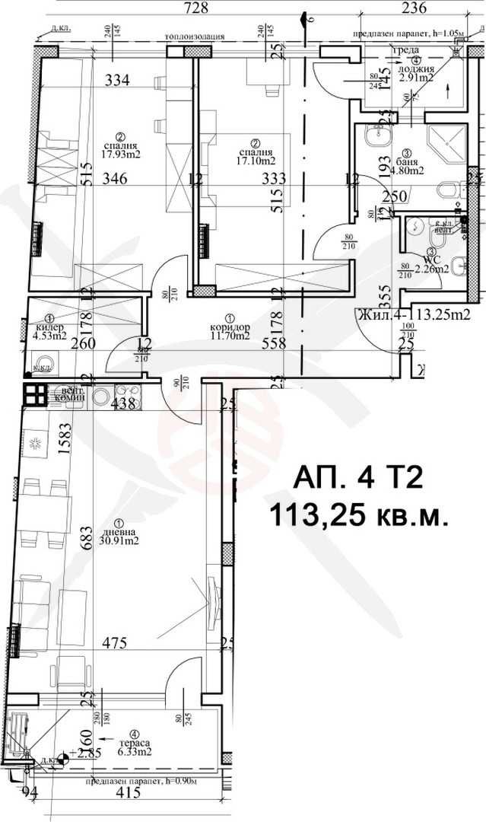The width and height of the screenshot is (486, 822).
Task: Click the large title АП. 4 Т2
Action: coord(357,481)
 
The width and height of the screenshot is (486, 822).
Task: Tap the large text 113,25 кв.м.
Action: coord(357,518)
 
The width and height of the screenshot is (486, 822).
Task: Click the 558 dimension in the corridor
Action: coord(272,343)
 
